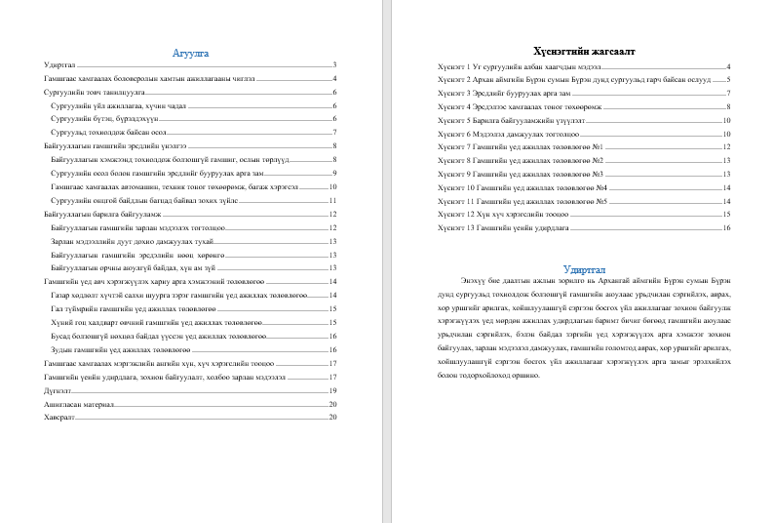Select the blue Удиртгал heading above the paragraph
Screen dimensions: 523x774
[x=584, y=269]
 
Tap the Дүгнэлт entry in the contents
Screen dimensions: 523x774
[x=58, y=388]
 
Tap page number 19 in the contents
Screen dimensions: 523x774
[x=332, y=388]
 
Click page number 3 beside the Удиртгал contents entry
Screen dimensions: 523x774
[x=334, y=63]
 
